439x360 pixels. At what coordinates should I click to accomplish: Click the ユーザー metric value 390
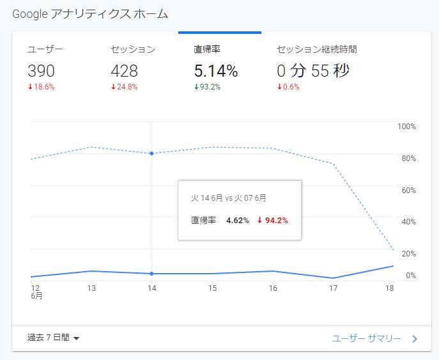coord(42,71)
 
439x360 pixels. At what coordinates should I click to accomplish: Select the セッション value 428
coord(125,71)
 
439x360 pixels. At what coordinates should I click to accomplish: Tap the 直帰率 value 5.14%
coord(215,71)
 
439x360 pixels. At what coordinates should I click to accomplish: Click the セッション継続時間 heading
coord(316,49)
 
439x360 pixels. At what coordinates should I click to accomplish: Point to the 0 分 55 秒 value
coord(313,71)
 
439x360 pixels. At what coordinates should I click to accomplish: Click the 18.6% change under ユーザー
coord(42,87)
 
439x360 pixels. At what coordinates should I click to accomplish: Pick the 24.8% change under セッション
coord(125,87)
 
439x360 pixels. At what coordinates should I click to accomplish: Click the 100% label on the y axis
coord(406,127)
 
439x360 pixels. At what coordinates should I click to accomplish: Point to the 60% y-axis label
coord(408,190)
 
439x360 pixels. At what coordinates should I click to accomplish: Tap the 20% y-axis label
coord(408,253)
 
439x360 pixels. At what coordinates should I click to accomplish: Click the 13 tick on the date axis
coord(91,288)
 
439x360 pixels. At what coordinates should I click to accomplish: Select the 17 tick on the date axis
coord(333,288)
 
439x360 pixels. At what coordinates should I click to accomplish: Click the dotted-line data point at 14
coord(151,153)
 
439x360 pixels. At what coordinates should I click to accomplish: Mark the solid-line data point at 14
coord(151,274)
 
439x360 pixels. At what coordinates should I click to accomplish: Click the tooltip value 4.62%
coord(238,221)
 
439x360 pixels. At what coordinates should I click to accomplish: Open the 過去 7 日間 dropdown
coord(53,338)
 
